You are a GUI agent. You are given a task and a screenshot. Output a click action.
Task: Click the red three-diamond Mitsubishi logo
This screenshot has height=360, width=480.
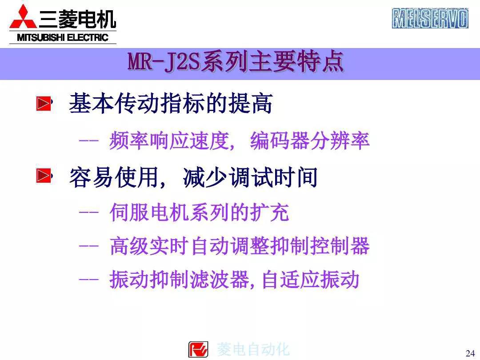23,17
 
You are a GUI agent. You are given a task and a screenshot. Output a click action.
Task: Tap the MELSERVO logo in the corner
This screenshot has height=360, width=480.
430,18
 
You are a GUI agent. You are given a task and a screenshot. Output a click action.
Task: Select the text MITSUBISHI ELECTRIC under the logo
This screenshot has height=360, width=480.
63,37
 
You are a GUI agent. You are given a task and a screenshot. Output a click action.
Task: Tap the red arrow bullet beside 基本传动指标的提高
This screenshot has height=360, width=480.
43,104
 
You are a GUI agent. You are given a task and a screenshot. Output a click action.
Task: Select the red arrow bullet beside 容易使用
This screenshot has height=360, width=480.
43,177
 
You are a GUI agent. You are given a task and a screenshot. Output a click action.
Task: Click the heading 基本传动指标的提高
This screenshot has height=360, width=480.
170,104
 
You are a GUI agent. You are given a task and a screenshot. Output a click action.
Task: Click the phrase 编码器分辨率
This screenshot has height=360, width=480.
310,141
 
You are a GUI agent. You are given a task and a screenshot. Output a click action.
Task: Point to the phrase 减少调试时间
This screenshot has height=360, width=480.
250,177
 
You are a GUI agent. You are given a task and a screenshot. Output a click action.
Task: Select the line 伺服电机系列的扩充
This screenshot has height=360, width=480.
199,212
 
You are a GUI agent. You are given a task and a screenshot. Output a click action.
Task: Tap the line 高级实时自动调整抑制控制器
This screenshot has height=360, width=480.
239,246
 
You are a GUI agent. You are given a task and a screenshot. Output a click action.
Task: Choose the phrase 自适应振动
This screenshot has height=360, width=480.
310,280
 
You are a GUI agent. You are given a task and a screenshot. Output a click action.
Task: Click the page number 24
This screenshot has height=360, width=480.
470,353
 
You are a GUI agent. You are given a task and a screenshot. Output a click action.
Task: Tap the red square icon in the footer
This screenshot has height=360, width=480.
198,349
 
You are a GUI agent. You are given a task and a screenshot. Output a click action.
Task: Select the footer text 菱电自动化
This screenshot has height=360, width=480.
253,349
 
